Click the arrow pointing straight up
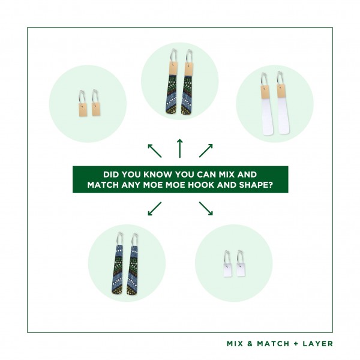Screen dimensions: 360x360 pyautogui.click(x=180, y=148)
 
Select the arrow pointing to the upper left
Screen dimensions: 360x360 pyautogui.click(x=155, y=151)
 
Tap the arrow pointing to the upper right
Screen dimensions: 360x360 pyautogui.click(x=206, y=151)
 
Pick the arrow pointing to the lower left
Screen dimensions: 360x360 pyautogui.click(x=155, y=209)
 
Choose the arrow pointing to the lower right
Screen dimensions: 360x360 pyautogui.click(x=206, y=209)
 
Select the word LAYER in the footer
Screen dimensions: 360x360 pyautogui.click(x=318, y=344)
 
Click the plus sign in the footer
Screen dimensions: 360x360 pyautogui.click(x=296, y=344)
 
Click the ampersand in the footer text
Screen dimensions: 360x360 pyautogui.click(x=250, y=344)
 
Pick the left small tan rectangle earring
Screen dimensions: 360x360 pyautogui.click(x=83, y=110)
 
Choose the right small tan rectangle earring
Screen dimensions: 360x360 pyautogui.click(x=96, y=109)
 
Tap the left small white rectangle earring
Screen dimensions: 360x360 pyautogui.click(x=228, y=270)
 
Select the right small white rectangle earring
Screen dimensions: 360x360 pyautogui.click(x=241, y=269)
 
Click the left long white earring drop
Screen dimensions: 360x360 pyautogui.click(x=267, y=117)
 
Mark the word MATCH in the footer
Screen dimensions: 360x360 pyautogui.click(x=273, y=344)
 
